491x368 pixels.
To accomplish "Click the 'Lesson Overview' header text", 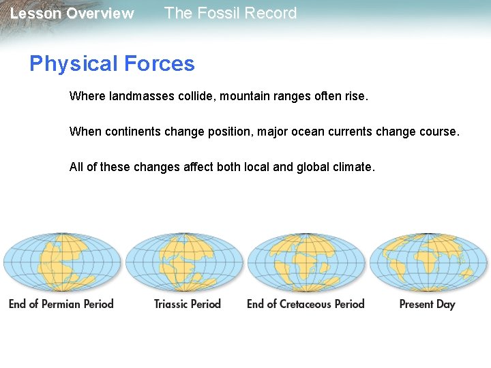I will click(72, 14).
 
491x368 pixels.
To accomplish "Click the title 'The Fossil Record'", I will click(230, 14).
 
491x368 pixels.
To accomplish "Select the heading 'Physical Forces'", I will click(112, 64).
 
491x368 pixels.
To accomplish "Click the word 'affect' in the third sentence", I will click(198, 167).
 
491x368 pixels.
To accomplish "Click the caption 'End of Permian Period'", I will click(61, 304).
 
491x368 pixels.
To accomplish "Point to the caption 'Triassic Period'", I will click(188, 304).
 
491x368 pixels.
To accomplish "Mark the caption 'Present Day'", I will click(427, 304).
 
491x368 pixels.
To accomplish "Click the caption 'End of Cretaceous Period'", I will click(306, 304).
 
